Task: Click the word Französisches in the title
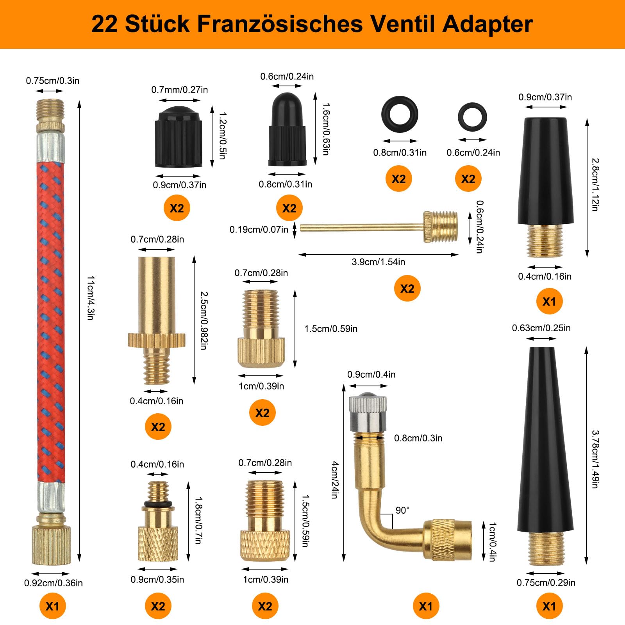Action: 280,24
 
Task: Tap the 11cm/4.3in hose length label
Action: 90,298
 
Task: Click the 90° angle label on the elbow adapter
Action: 402,510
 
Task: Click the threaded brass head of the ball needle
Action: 441,226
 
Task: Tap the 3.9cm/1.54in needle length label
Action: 378,262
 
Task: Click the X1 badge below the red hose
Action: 52,606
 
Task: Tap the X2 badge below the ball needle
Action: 407,288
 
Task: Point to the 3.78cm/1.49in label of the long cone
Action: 595,459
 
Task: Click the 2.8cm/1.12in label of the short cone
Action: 595,184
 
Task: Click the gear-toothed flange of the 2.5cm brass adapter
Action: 156,339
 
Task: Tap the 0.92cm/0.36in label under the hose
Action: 54,583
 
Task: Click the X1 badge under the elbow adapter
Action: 425,606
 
